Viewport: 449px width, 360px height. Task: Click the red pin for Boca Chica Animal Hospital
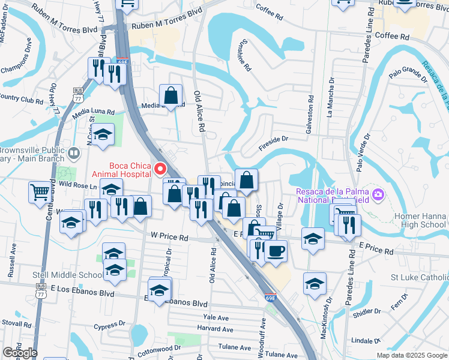point(160,169)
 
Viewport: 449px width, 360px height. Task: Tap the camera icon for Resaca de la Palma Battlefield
point(378,194)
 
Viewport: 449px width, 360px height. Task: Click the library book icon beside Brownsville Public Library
point(74,154)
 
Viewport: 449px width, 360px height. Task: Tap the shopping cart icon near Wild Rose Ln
point(40,192)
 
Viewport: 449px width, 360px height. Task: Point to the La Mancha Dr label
point(330,96)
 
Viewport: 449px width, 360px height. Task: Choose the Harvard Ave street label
point(215,329)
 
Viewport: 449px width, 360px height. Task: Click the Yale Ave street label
point(217,316)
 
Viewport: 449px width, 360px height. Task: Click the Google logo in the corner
point(20,353)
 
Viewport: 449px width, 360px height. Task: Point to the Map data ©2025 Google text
point(411,355)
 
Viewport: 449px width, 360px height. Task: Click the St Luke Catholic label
point(420,278)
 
